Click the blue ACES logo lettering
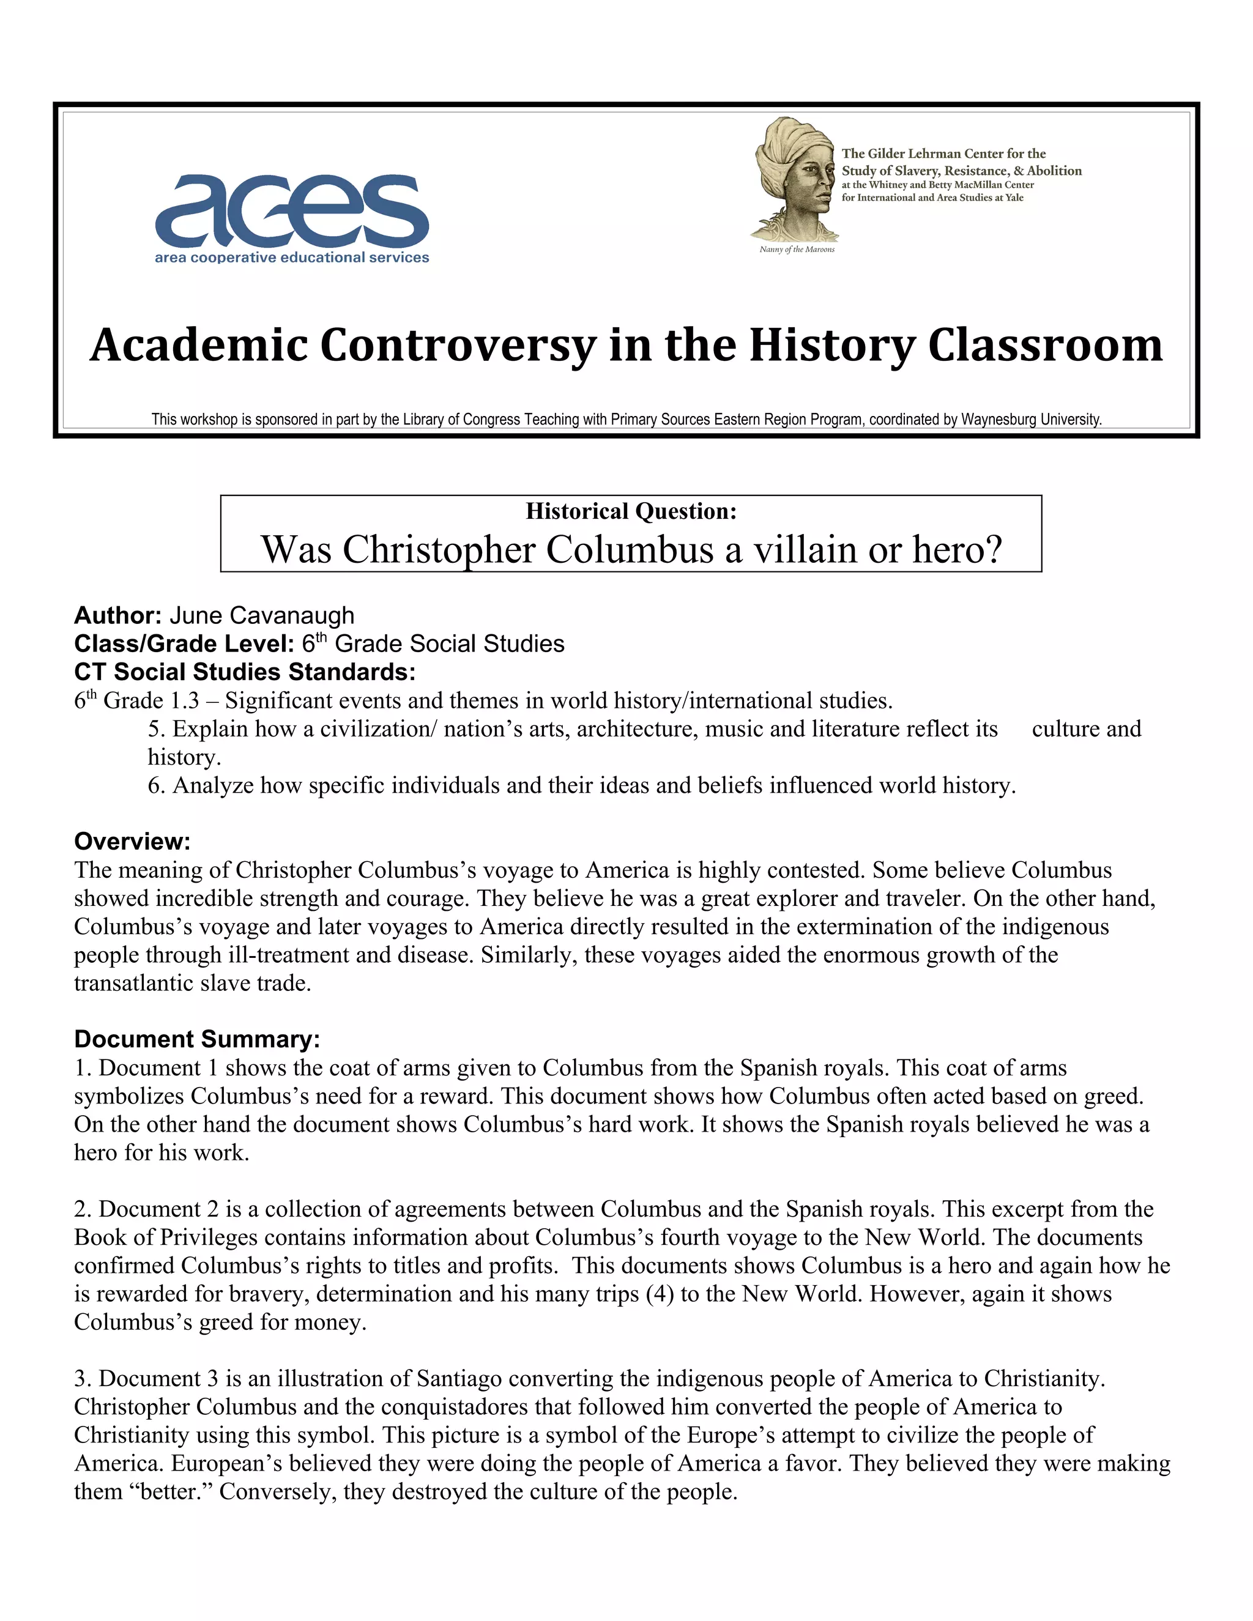[x=292, y=210]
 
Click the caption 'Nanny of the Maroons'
[x=797, y=250]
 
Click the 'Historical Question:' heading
[x=630, y=511]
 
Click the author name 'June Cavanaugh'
[x=261, y=615]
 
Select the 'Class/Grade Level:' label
[x=184, y=644]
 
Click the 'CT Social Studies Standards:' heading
[x=244, y=672]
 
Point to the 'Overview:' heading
[x=132, y=841]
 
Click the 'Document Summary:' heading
[x=197, y=1039]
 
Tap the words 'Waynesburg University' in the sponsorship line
[x=1031, y=420]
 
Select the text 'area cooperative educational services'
[x=292, y=258]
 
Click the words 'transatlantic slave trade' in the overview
[x=191, y=983]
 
